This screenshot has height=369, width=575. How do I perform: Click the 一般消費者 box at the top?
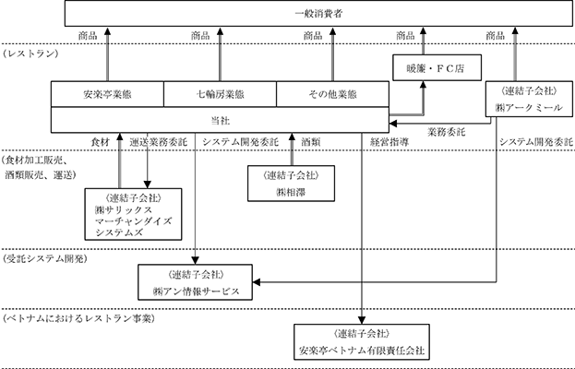(318, 14)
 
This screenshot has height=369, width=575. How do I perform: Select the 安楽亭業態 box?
(107, 94)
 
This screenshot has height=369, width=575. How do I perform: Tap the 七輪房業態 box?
(220, 94)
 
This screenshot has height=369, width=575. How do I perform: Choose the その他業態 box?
(332, 94)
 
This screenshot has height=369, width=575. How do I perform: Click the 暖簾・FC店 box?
(437, 67)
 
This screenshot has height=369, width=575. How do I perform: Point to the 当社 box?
(220, 120)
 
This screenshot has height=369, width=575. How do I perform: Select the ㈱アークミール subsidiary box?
(529, 99)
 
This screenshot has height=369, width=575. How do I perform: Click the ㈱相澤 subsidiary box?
(291, 184)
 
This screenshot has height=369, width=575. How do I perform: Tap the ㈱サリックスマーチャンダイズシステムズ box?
(133, 214)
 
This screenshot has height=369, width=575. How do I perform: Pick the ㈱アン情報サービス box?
(195, 282)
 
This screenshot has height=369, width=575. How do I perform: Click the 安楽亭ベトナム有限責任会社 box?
(362, 342)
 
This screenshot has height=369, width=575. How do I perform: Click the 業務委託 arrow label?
(447, 132)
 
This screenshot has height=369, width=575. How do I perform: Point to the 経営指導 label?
(389, 142)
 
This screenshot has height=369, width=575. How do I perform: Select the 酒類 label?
(311, 142)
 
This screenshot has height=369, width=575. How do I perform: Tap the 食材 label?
(100, 142)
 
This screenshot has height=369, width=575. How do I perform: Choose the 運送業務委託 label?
(159, 142)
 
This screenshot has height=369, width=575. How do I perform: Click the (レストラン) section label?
(30, 54)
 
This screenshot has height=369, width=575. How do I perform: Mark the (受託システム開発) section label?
(44, 259)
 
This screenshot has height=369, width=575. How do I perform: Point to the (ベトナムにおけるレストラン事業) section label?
(78, 318)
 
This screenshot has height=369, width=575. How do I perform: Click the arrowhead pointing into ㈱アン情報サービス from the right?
(257, 282)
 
